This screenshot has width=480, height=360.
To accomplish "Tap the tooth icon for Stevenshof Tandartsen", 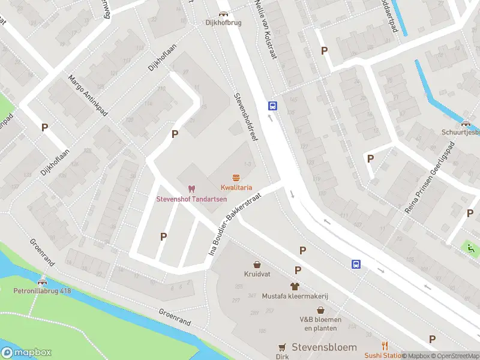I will [192, 189].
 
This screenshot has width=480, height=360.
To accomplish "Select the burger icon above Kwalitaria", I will [236, 177].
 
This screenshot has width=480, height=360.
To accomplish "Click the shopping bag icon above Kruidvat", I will [257, 264].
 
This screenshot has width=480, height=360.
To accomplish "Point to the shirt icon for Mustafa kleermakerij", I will [295, 286].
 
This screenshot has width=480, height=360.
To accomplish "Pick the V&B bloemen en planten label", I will [320, 323].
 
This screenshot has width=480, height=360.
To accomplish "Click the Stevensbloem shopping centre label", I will [323, 347].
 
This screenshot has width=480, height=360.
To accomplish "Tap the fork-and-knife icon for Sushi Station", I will [385, 346].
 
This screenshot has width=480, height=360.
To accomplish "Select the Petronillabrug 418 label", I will [42, 291].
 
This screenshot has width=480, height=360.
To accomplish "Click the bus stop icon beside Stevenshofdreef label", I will [272, 106].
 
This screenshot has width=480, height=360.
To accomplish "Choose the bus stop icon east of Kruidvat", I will [356, 264].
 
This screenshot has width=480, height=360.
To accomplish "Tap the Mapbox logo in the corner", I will [27, 353].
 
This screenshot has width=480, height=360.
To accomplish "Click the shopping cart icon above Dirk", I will [282, 347].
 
